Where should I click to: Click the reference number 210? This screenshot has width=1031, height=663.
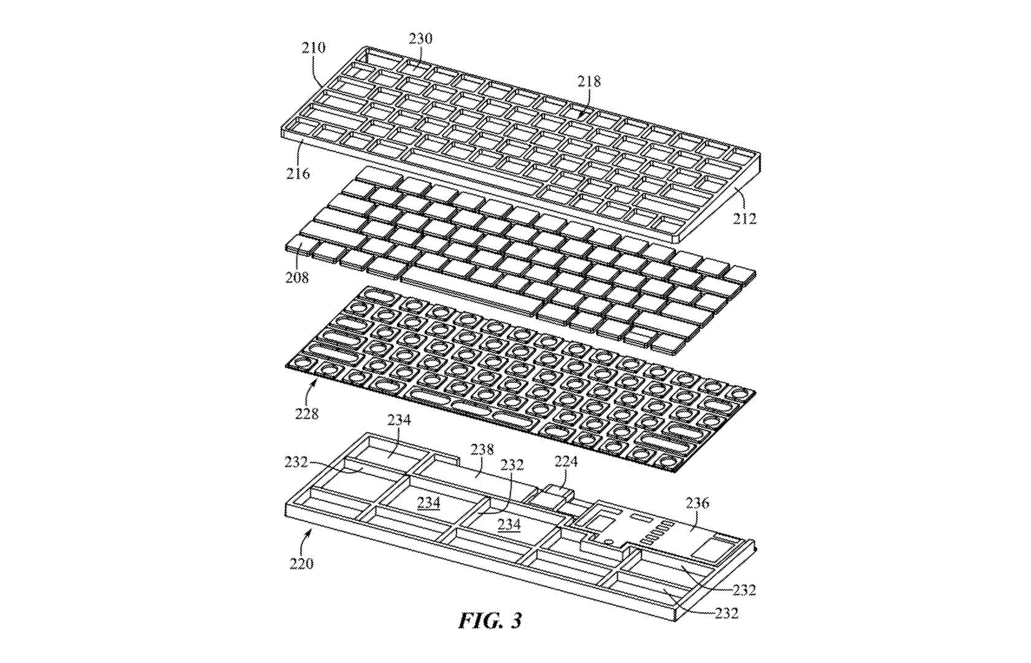tap(314, 47)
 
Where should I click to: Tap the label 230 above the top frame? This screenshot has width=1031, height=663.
tap(421, 39)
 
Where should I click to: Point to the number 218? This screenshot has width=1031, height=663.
tap(589, 82)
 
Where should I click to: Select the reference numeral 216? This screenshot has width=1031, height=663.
tap(298, 174)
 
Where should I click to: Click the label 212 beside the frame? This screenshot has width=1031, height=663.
tap(744, 219)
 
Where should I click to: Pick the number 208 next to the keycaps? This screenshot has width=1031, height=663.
tap(297, 277)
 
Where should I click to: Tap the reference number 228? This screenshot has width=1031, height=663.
tap(307, 414)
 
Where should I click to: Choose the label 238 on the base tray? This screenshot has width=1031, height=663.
tap(482, 449)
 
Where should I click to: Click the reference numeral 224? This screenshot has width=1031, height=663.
tap(566, 461)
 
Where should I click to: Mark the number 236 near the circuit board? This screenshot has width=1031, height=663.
tap(698, 503)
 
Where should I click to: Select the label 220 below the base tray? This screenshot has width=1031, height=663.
tap(301, 564)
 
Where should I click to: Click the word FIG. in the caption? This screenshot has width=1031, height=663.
tap(477, 621)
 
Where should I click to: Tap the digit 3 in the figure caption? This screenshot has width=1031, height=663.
tap(515, 621)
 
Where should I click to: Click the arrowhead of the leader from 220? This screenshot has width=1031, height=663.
tap(312, 532)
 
